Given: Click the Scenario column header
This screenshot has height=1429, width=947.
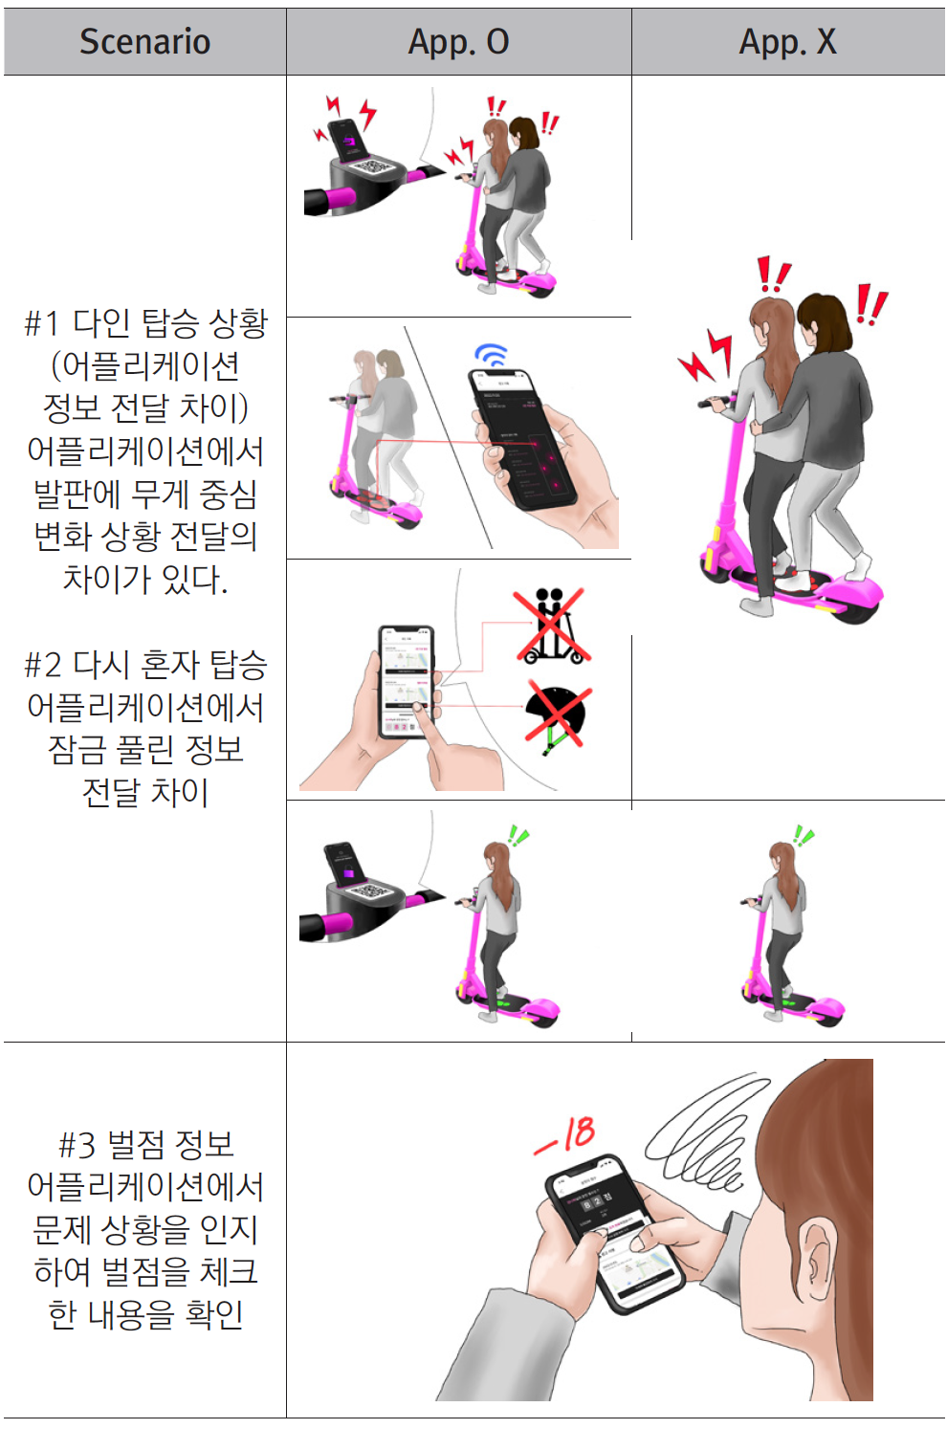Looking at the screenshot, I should point(144,42).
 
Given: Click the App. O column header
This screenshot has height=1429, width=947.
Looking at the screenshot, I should point(458,42).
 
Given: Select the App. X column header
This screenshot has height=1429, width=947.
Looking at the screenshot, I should point(787,42).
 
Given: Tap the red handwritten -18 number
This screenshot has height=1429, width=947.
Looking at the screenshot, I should point(566,1135).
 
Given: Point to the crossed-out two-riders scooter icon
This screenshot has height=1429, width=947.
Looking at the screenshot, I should point(551,627).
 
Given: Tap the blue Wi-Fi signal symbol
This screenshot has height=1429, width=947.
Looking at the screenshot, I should point(492,355).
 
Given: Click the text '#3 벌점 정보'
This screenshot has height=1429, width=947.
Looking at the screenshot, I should point(145,1144).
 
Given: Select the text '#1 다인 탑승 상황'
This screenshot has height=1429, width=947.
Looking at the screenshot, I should point(145,323).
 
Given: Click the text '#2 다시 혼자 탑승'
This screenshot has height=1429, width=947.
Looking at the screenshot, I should point(145,664).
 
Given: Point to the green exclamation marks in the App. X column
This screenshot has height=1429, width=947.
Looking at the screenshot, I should point(804,837).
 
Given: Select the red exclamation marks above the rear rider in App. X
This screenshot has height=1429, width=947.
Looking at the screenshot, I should point(871,305).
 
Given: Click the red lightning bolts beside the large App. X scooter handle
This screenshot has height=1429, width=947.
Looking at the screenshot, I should point(706,356).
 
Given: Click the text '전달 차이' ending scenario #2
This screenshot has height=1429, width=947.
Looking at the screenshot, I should point(145,792).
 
